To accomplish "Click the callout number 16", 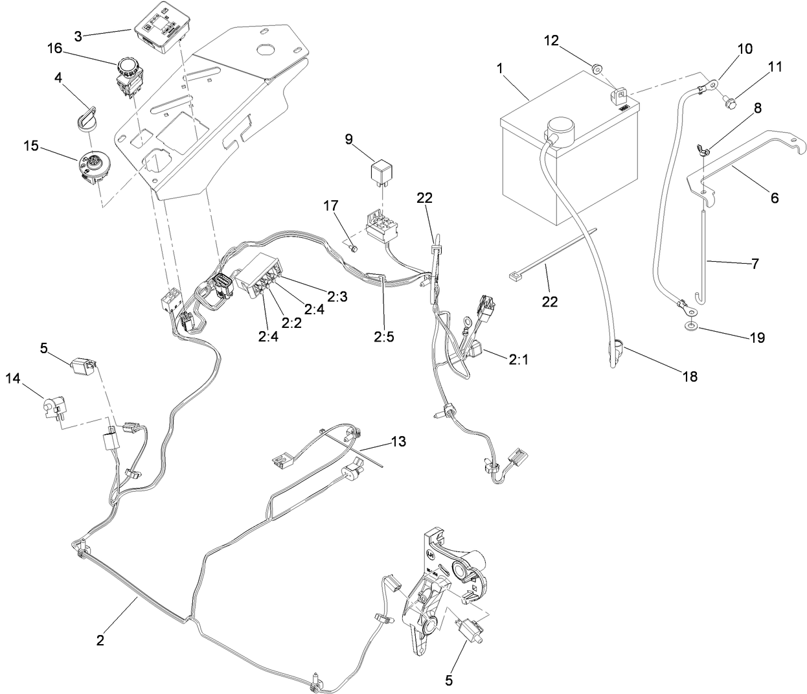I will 55,48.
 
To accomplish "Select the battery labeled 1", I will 563,156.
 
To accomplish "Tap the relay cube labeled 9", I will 378,171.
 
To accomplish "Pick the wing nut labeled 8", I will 704,151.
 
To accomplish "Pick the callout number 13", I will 398,441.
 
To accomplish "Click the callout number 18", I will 690,376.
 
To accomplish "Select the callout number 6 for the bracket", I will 774,198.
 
